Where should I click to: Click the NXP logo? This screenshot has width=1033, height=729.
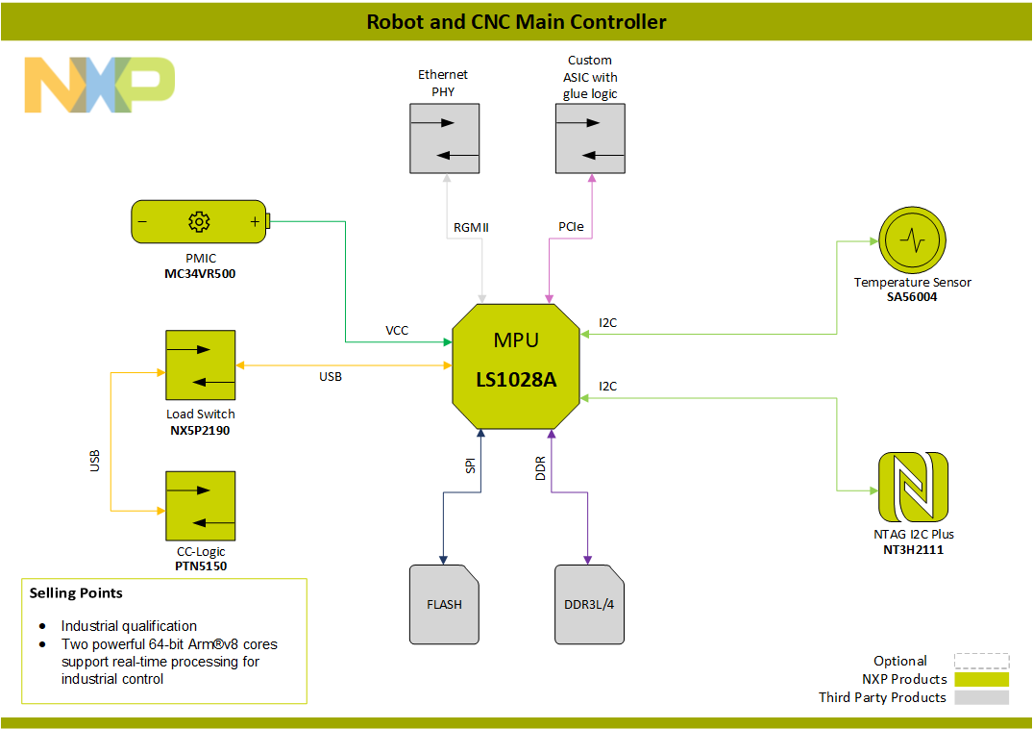coord(99,85)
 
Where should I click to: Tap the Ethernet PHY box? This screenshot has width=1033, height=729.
coord(444,138)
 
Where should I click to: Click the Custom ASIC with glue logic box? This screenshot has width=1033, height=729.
coord(590,138)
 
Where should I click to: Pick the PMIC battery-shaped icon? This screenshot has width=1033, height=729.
coord(200,222)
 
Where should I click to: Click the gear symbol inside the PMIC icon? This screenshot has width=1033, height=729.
coord(199,222)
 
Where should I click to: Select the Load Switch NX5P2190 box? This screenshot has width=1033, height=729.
coord(200,365)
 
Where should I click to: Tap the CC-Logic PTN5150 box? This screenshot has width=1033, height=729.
coord(200,506)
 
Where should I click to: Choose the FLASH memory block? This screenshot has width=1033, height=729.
coord(444,604)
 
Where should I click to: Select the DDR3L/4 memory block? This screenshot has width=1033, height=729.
coord(589,604)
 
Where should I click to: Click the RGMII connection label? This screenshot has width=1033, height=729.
coord(472,228)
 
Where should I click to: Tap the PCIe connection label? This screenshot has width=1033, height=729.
coord(569,228)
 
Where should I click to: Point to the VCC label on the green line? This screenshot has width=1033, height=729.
coord(397,330)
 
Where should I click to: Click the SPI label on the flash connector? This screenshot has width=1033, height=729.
coord(471,465)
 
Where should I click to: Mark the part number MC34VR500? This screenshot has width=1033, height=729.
coord(200,274)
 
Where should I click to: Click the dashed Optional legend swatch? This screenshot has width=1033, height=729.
coord(981,661)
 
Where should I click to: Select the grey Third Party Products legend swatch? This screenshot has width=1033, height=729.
coord(981,697)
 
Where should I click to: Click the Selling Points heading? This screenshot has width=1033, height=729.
coord(76,592)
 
